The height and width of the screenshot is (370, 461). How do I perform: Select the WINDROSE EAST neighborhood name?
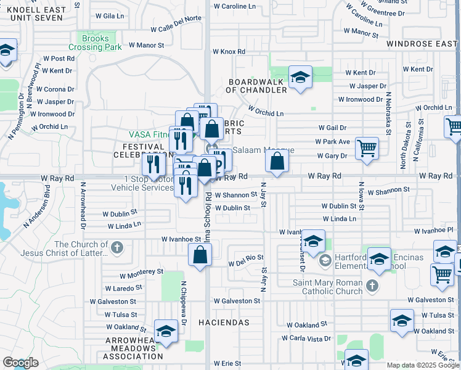coord(422,44)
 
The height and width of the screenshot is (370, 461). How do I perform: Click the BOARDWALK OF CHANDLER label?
coord(258,86)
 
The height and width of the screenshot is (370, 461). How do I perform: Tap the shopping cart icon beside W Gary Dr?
coord(367,148)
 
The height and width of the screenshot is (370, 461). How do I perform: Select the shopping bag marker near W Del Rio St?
coord(200,255)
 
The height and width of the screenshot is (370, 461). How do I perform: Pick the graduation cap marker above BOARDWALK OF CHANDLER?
coord(300,77)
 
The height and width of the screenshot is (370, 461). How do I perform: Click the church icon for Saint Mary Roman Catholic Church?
coord(371,286)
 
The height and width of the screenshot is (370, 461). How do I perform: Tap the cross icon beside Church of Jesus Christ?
coord(116,249)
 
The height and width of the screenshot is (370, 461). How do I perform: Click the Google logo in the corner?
coord(20,363)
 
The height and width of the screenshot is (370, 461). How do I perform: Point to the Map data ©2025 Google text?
coord(422,365)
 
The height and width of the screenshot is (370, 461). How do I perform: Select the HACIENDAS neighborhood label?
coord(224,323)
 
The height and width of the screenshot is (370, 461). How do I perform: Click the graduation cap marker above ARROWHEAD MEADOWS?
coord(166,332)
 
